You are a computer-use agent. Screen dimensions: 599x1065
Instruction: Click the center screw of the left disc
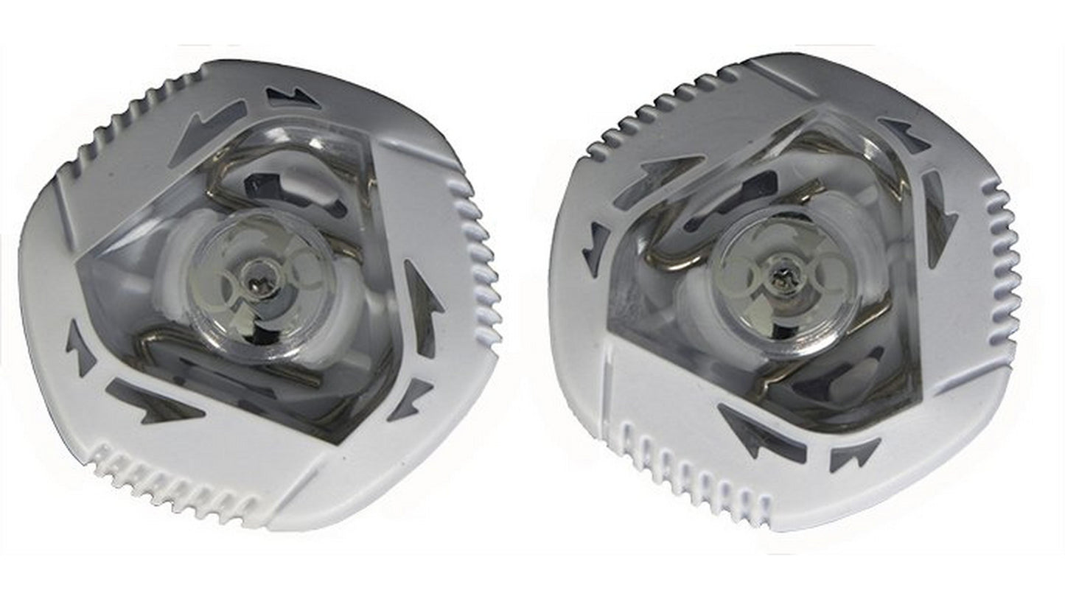[x=256, y=281]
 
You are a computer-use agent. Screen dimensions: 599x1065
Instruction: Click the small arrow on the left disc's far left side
[x=80, y=346]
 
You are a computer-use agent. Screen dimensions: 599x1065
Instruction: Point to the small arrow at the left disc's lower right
[x=409, y=399]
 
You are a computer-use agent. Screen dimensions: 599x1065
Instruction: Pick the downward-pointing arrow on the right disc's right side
[x=938, y=217]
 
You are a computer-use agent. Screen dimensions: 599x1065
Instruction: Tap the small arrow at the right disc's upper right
[x=903, y=135]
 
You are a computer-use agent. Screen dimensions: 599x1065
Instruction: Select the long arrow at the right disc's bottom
[x=759, y=434]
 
